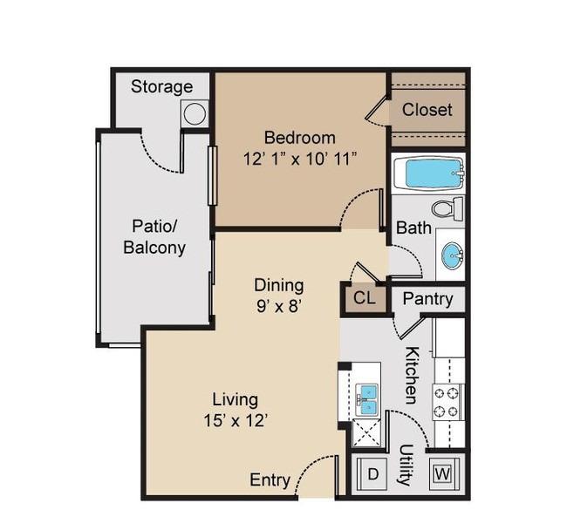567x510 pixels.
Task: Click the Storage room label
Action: coord(161,87)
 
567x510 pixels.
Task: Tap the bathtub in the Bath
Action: coord(428,173)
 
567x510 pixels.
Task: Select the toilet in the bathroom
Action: coord(447,209)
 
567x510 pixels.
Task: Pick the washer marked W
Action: coord(443,473)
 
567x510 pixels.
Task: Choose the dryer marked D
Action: coord(372,473)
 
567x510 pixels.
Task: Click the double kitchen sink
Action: coord(368,400)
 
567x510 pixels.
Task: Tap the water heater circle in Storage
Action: coord(195,113)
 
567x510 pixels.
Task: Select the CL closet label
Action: coord(364,298)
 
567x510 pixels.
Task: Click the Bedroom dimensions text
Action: coord(300,159)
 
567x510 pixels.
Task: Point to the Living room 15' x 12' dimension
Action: coord(236,420)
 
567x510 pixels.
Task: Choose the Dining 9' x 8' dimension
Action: coord(279,307)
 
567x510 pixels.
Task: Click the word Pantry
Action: coord(427,299)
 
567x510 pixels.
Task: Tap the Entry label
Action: coord(270,480)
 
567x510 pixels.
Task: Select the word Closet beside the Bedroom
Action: coord(427,110)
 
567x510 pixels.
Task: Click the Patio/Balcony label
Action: coord(154,237)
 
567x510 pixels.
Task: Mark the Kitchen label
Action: coord(413,375)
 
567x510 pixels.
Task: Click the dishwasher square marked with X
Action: coord(366,433)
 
